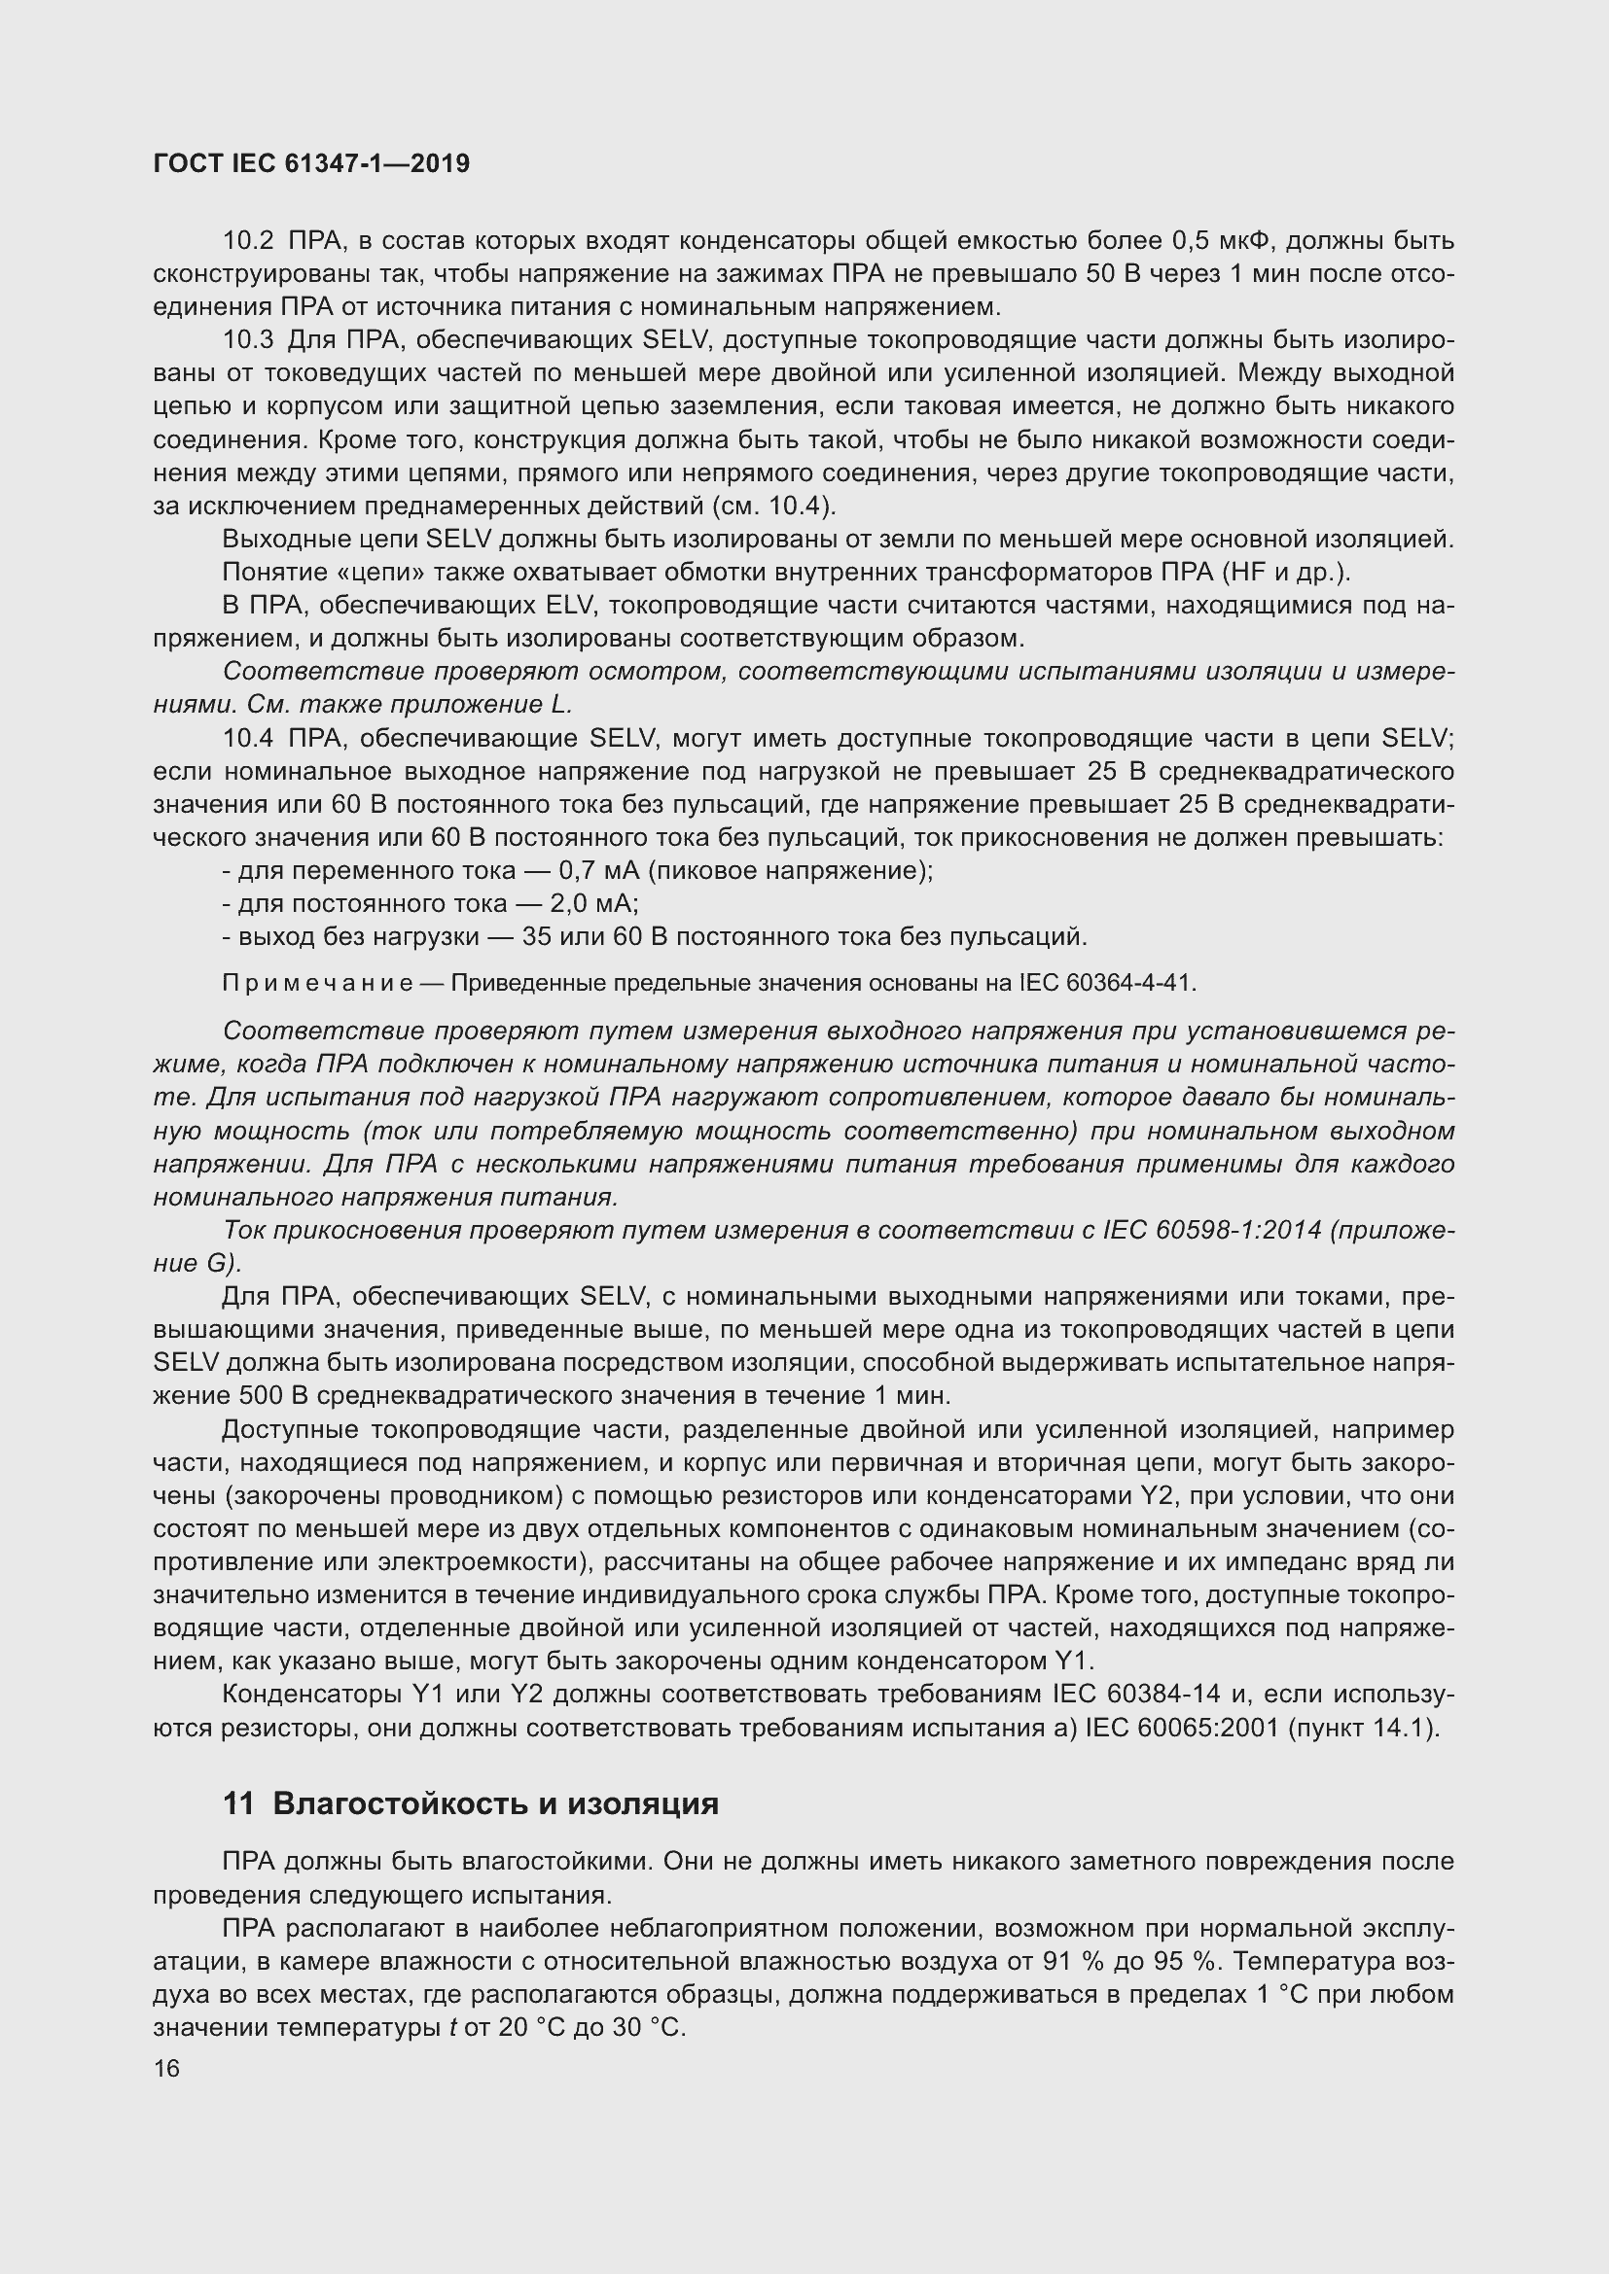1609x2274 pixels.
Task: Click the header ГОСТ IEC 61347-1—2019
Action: pyautogui.click(x=311, y=163)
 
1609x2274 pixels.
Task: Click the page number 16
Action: pyautogui.click(x=166, y=2069)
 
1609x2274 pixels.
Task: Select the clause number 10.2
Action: pyautogui.click(x=248, y=241)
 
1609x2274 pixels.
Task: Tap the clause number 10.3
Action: pyautogui.click(x=248, y=340)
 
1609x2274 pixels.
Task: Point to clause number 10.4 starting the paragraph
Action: pyautogui.click(x=248, y=739)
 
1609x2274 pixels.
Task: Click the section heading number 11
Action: pyautogui.click(x=238, y=1803)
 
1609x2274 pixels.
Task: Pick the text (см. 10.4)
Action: pyautogui.click(x=773, y=507)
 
